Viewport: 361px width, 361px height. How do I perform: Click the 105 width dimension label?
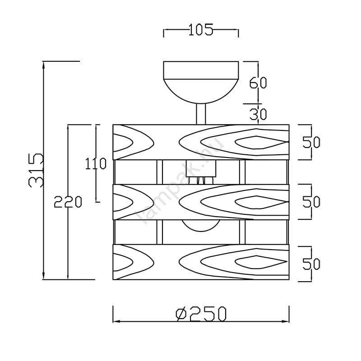click(x=201, y=30)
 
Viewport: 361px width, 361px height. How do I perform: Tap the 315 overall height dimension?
click(x=36, y=170)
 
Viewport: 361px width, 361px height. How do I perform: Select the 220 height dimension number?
click(x=68, y=202)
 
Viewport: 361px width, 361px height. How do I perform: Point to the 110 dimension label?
click(x=96, y=164)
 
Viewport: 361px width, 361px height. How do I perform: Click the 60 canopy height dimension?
click(x=258, y=83)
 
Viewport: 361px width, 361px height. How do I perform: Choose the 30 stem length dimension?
click(x=258, y=115)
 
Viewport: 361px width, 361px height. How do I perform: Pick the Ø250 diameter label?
click(x=201, y=314)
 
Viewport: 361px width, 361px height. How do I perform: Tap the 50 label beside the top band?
click(x=311, y=142)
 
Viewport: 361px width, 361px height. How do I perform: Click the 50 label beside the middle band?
click(x=311, y=202)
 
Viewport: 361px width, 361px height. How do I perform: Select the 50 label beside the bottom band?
click(x=311, y=264)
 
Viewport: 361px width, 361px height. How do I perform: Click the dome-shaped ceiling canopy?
click(x=201, y=82)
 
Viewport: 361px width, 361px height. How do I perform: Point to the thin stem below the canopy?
click(x=201, y=114)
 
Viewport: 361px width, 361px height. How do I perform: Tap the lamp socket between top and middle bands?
click(x=201, y=172)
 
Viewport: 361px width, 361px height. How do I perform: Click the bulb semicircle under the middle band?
click(x=201, y=226)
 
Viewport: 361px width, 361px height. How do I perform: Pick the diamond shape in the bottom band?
click(x=261, y=262)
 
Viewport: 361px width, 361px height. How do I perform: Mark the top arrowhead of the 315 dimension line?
click(x=44, y=65)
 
